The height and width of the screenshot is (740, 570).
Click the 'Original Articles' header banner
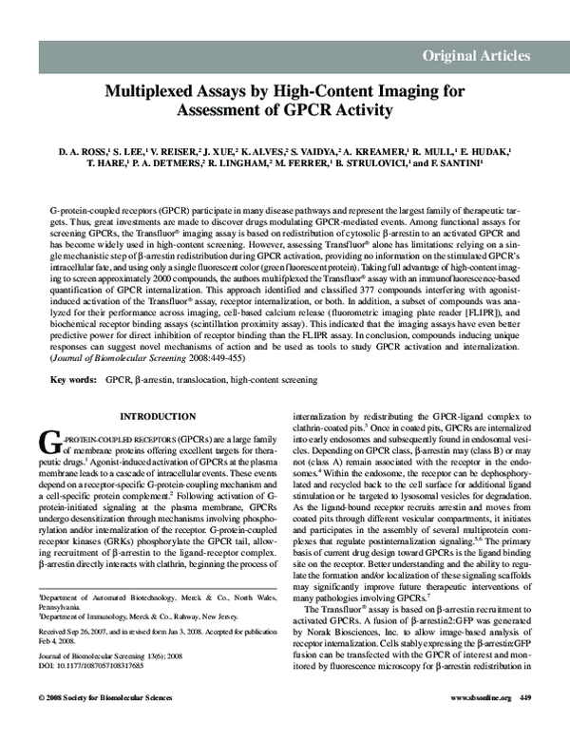click(x=476, y=55)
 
